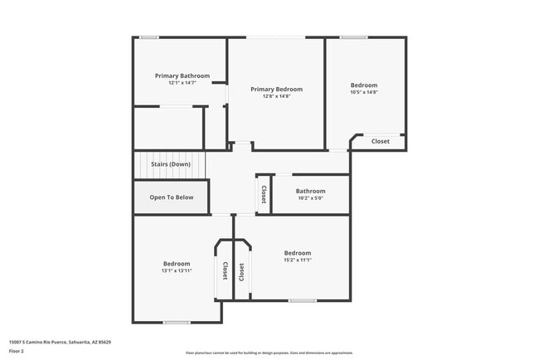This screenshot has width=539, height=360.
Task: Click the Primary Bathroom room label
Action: point(182,75)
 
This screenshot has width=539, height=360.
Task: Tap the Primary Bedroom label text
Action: point(277,89)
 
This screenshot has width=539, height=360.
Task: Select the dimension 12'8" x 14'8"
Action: point(277,96)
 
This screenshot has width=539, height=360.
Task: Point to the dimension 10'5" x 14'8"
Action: point(363,92)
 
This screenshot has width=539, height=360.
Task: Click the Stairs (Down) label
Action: point(170,164)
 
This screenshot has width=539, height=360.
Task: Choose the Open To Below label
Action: point(172,197)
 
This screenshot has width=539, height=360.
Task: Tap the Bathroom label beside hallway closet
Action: point(311,191)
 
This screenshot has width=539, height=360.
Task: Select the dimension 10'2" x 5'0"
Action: point(311,198)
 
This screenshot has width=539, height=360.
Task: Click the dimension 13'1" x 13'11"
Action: point(176,270)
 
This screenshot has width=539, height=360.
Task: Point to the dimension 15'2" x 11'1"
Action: point(298,260)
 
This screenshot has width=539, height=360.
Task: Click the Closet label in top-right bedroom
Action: point(380,141)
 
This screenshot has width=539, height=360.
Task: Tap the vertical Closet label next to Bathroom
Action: point(264,195)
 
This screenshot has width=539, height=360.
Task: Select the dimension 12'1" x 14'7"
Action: point(182,83)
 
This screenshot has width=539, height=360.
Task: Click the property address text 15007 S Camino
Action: point(60,342)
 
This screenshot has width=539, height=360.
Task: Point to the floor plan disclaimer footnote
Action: point(269,353)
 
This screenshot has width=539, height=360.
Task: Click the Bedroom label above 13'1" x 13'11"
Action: point(176,263)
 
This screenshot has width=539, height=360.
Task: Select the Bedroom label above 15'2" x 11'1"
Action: point(298,253)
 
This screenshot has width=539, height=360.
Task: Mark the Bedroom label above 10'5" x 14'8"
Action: point(363,85)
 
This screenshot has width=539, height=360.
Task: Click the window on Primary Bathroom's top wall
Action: point(149,37)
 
